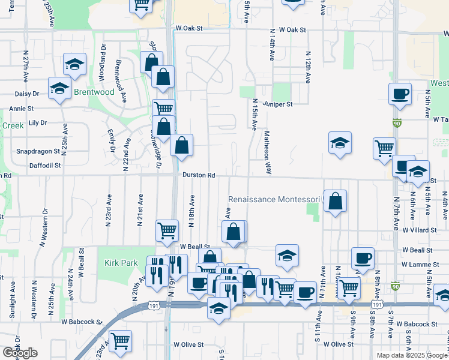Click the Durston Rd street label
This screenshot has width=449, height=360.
pos(199,175)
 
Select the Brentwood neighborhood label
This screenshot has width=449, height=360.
pos(94,92)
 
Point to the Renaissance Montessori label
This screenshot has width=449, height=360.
pos(275,199)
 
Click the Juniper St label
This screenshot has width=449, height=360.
pos(281,104)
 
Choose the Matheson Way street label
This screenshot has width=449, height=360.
pos(267,152)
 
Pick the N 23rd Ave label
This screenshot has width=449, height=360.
pos(109,209)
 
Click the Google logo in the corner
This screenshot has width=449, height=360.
pos(20,353)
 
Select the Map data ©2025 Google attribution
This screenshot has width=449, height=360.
pos(412,355)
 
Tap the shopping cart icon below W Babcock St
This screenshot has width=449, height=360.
pos(121,341)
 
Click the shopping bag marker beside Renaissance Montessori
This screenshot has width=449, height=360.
pos(336,202)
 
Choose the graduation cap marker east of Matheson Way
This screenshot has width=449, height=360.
pos(340,143)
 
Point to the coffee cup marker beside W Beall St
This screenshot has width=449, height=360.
pos(363,258)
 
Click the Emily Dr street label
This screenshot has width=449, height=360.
pos(111,140)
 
